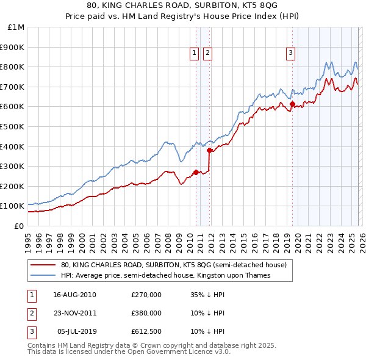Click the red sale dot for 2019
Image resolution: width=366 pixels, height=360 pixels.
292,104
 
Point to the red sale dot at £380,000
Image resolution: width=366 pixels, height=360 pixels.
209,149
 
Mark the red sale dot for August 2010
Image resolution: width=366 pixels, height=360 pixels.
196,172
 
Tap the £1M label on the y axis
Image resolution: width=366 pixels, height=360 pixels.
16,27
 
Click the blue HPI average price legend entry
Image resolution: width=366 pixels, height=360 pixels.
165,276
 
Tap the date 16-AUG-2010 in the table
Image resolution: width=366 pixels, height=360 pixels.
74,295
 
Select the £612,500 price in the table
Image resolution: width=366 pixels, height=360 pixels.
146,331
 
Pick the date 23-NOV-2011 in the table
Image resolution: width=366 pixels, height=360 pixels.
74,313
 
